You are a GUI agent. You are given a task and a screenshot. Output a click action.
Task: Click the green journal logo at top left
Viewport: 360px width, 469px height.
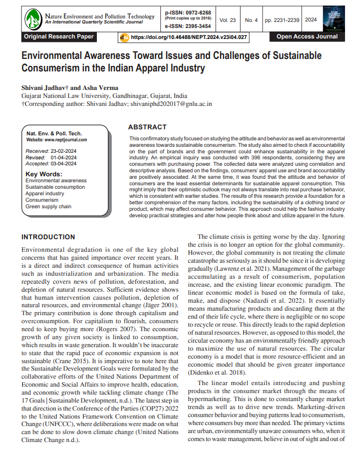click(33, 19)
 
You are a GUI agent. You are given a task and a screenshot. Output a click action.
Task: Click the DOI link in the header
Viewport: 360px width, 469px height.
click(188, 37)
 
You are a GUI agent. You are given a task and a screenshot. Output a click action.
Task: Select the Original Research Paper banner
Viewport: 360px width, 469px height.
click(58, 36)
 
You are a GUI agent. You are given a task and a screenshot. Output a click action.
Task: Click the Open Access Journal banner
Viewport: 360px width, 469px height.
click(307, 36)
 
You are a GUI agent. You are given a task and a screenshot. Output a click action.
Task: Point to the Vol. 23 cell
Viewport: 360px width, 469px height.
click(227, 20)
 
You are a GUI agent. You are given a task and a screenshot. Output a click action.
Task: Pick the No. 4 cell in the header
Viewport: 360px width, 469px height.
click(251, 20)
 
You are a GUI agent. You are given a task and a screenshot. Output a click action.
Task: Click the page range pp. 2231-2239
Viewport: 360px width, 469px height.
click(282, 20)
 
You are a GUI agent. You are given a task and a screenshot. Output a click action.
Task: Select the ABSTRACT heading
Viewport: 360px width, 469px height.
click(147, 127)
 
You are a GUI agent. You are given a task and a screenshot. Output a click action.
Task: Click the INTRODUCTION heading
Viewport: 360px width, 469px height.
click(48, 237)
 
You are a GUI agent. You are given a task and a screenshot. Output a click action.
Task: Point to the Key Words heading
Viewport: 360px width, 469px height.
click(44, 174)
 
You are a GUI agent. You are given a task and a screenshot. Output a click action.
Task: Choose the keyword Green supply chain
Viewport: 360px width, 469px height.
click(48, 206)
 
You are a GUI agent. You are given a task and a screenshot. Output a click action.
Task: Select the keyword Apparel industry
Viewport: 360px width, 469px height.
click(44, 193)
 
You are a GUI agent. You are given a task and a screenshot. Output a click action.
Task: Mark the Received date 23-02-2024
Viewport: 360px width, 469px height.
click(63, 150)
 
